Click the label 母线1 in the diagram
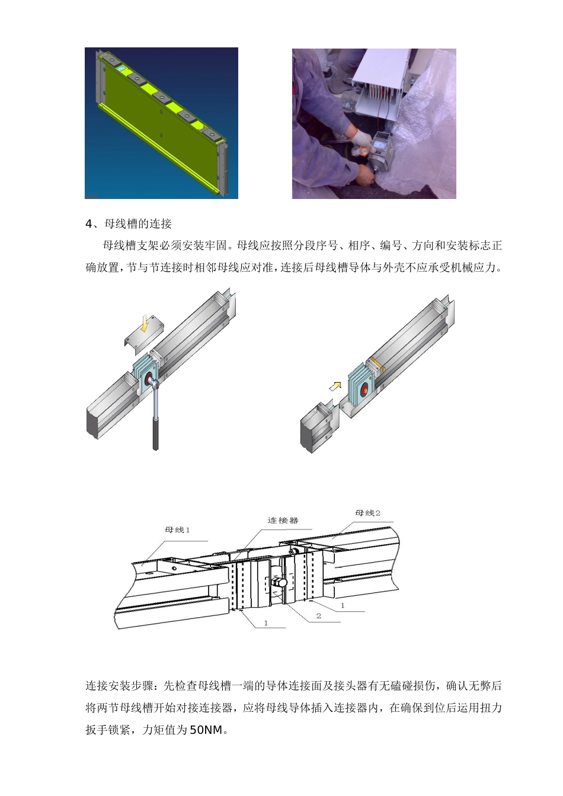point(177,530)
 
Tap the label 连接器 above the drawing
point(283,520)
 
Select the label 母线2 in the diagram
point(368,513)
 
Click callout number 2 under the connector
point(319,616)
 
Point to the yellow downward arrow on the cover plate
point(145,324)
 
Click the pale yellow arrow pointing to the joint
point(335,386)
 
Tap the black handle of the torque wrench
point(155,434)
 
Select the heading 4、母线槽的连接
point(129,224)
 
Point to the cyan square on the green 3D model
point(121,68)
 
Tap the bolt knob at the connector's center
point(280,582)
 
